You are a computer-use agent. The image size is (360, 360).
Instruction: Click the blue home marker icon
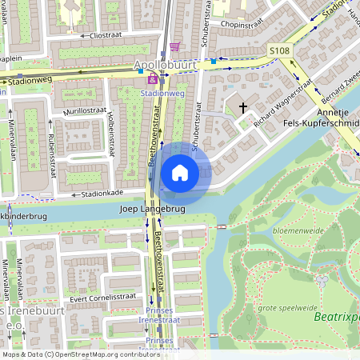click(180, 173)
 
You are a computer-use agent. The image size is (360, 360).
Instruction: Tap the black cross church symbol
click(243, 106)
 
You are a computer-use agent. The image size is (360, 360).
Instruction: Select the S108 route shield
click(278, 51)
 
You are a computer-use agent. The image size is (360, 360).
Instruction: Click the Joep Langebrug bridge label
click(151, 209)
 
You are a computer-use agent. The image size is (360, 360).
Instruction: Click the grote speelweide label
click(286, 307)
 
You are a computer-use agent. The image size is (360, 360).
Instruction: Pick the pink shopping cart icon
click(175, 46)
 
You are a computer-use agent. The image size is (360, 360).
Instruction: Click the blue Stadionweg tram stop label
click(162, 94)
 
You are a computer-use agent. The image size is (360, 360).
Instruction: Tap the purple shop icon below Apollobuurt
click(152, 80)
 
